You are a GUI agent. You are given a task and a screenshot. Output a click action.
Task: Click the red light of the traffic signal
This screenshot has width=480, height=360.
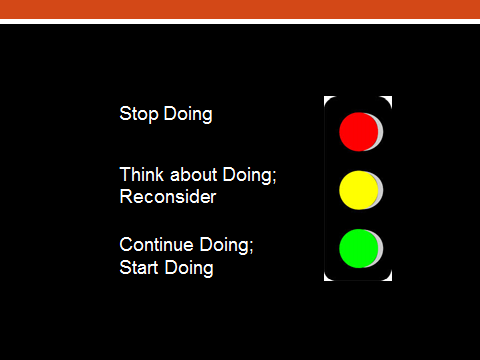(x=357, y=131)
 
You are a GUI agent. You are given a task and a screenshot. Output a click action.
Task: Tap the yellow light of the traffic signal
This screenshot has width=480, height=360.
(x=357, y=189)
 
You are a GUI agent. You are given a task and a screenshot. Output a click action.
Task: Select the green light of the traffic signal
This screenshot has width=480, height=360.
(x=357, y=247)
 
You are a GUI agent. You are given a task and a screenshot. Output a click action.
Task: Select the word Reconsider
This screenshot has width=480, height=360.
(x=167, y=197)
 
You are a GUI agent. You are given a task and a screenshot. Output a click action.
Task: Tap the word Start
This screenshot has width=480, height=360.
(x=138, y=268)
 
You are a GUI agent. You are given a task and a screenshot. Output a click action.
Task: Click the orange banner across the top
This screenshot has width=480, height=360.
(x=240, y=9)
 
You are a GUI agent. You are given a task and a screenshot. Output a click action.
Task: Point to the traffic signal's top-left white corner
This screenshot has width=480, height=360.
(x=325, y=98)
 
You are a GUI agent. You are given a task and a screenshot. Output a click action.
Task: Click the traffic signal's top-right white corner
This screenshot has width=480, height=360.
(x=389, y=98)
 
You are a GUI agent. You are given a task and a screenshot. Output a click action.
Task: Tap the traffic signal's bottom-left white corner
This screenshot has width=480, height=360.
(x=325, y=279)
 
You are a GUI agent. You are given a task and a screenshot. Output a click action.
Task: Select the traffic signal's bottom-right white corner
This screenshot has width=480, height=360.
(x=389, y=279)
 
